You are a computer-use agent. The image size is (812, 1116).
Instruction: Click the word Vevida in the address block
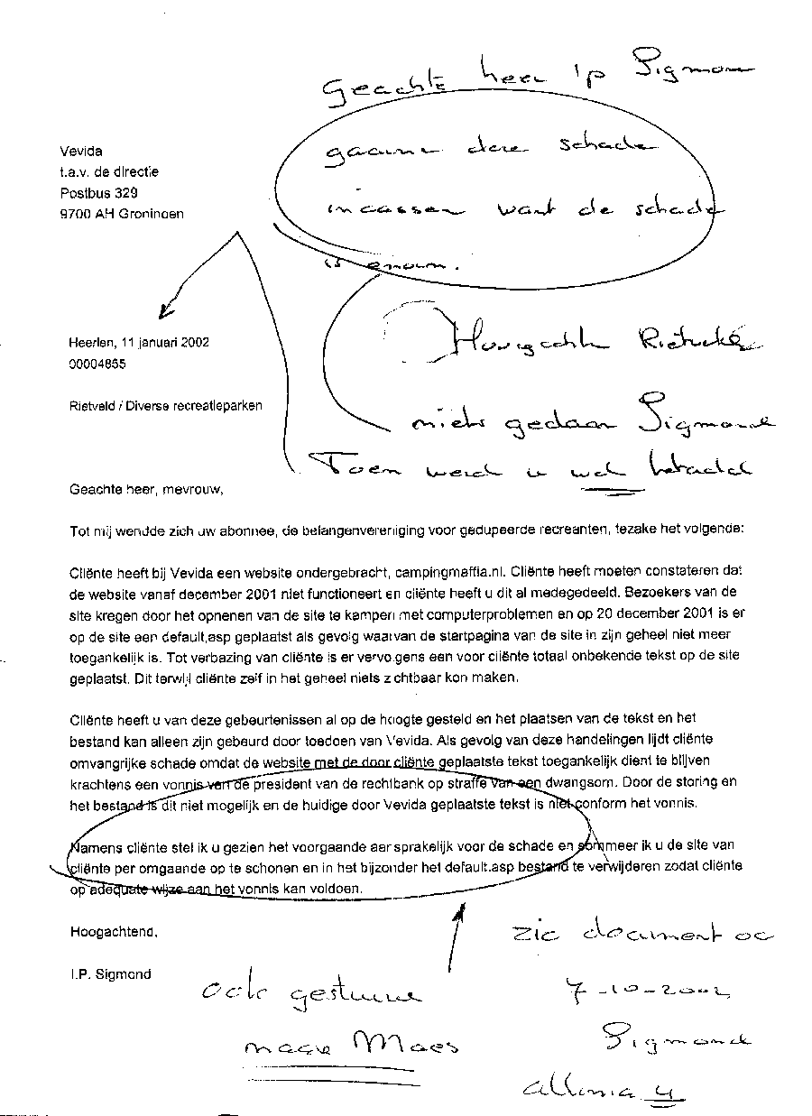coord(80,152)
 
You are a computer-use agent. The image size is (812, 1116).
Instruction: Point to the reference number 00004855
coord(97,364)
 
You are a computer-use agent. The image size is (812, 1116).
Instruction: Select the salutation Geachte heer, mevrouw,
coord(144,490)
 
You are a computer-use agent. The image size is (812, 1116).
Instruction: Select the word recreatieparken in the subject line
coord(217,406)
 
